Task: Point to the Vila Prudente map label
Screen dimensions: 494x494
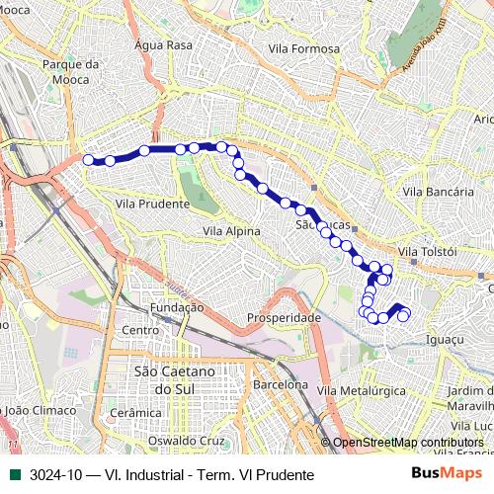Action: pyautogui.click(x=152, y=204)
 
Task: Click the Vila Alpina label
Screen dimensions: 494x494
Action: pyautogui.click(x=231, y=231)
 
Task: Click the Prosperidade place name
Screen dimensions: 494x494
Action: pyautogui.click(x=284, y=318)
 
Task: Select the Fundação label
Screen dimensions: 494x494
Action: pyautogui.click(x=178, y=307)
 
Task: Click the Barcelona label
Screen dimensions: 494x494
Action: pyautogui.click(x=281, y=385)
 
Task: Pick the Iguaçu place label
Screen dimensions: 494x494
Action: pyautogui.click(x=442, y=339)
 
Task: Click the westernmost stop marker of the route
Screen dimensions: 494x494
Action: pyautogui.click(x=88, y=160)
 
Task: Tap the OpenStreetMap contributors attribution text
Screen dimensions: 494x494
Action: pyautogui.click(x=409, y=443)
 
